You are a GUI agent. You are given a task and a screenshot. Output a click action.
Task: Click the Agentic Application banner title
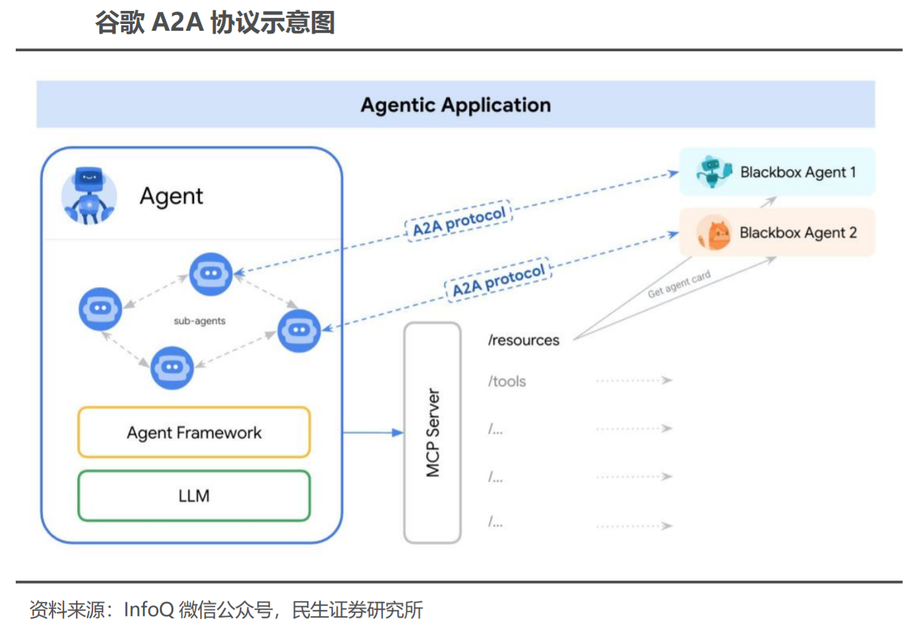coord(455,105)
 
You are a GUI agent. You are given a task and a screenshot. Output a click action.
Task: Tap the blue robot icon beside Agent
coord(88,196)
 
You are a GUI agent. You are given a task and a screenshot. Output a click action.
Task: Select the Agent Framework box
coord(194,433)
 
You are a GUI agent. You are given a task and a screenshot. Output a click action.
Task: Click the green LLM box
coord(194,496)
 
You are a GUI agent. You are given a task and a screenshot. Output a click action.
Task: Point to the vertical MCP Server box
coord(432,433)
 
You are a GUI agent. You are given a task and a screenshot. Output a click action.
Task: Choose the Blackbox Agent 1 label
coord(798,172)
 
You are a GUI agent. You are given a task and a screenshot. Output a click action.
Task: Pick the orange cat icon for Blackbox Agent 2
coord(714,234)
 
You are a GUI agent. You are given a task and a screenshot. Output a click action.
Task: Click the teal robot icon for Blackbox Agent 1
coord(713,172)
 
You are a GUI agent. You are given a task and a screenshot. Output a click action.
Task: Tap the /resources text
coord(524,340)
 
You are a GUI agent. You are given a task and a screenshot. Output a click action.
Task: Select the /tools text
coord(507,381)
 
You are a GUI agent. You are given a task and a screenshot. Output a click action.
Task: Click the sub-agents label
coord(199,320)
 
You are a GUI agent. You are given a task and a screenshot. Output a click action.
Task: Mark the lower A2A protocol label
coord(498,281)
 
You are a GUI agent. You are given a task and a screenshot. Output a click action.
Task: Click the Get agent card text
coord(679,284)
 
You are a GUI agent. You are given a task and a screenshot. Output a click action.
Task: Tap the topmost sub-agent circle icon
coord(211,274)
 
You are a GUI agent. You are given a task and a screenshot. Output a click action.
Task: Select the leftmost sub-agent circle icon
coord(100,309)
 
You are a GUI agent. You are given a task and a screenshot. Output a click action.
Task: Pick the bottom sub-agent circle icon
coord(172,368)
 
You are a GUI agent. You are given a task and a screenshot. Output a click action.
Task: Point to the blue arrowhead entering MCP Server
coord(398,433)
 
